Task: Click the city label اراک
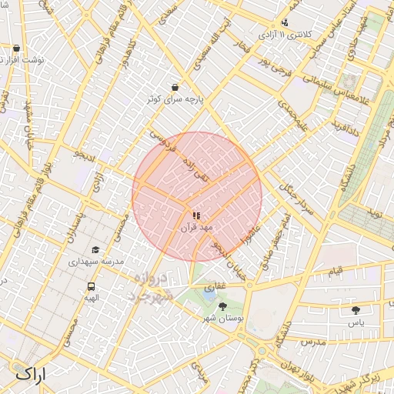coord(31,374)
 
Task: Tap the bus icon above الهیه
coord(91,286)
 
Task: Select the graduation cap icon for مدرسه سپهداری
coord(95,249)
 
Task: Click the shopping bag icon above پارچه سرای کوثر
coord(175,88)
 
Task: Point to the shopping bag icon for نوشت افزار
coord(16,48)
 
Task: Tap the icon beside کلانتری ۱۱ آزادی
coord(285,23)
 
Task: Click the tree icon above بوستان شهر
coord(222,306)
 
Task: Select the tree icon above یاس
coord(356,310)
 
